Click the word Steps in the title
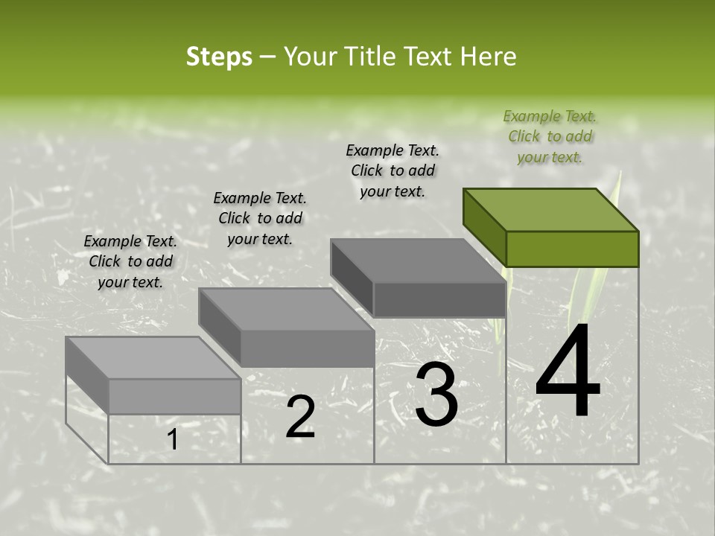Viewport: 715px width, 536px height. pos(219,57)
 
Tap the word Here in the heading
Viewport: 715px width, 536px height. pos(488,57)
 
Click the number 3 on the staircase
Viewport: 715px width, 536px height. pos(436,394)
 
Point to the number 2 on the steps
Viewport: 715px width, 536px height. pos(300,417)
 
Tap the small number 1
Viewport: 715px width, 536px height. pos(172,440)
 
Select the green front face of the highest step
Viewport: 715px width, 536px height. pos(572,249)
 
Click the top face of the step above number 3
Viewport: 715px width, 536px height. pos(417,261)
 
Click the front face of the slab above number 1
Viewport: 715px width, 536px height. pos(174,396)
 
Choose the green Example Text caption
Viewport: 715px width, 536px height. pos(550,136)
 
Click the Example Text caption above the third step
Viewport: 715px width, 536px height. pos(393,170)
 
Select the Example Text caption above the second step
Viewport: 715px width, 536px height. pos(260,218)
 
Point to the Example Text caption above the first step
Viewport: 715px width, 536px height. pos(130,261)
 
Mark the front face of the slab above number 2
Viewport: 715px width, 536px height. pos(307,348)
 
